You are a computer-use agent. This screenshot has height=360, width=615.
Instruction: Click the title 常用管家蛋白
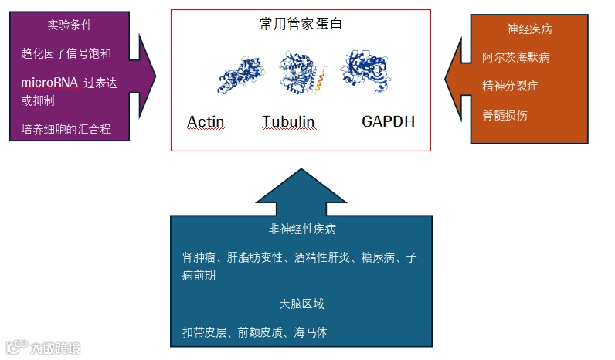pyautogui.click(x=301, y=24)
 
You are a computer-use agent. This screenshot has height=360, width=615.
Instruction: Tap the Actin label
pyautogui.click(x=206, y=121)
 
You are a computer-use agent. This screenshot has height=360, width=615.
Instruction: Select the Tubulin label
pyautogui.click(x=287, y=121)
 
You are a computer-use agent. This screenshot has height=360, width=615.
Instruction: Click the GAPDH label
pyautogui.click(x=388, y=121)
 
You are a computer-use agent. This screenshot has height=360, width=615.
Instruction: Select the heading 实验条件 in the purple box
pyautogui.click(x=70, y=25)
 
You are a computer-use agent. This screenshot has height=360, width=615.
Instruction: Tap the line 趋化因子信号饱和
pyautogui.click(x=66, y=53)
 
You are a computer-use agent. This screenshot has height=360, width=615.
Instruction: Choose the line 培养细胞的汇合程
pyautogui.click(x=66, y=129)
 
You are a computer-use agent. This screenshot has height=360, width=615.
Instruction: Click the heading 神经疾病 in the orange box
pyautogui.click(x=529, y=29)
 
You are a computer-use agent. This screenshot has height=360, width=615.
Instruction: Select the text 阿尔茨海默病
pyautogui.click(x=516, y=57)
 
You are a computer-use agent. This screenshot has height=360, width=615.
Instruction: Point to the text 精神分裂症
pyautogui.click(x=510, y=86)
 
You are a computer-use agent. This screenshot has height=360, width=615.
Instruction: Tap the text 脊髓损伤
pyautogui.click(x=505, y=115)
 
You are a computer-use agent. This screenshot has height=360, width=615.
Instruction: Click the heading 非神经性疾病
pyautogui.click(x=301, y=229)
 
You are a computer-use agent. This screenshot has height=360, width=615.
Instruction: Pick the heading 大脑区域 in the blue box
pyautogui.click(x=301, y=304)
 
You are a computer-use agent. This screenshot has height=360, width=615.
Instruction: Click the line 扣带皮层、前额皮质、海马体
pyautogui.click(x=254, y=332)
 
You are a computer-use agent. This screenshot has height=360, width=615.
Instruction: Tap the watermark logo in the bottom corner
pyautogui.click(x=42, y=348)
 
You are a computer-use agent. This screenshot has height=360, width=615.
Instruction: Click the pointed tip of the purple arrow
pyautogui.click(x=155, y=75)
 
